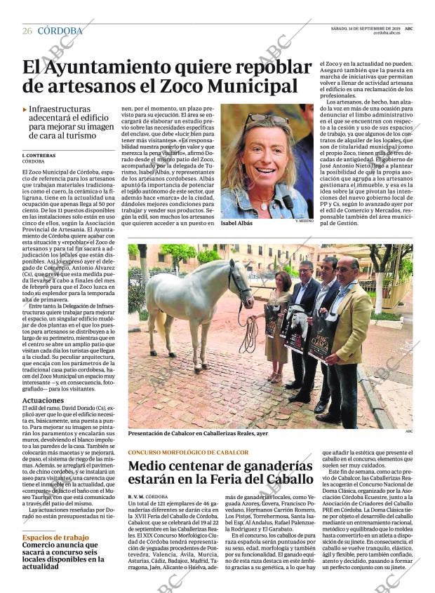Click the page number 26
tap(27, 31)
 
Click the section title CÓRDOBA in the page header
tap(60, 31)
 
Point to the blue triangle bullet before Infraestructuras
tap(25, 110)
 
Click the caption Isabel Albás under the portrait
tap(239, 222)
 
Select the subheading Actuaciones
tap(43, 400)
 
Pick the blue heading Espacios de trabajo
tap(55, 537)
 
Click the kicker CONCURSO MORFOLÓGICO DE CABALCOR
tap(188, 452)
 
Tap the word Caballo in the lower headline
tap(284, 479)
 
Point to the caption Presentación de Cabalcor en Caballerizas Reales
tap(198, 433)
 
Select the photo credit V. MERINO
tap(304, 221)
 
